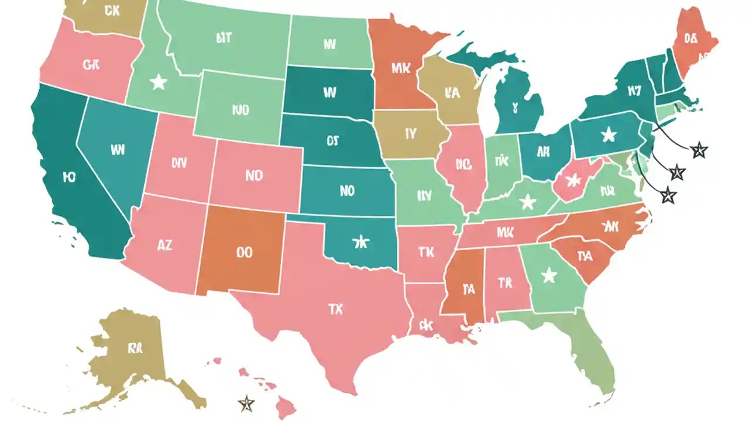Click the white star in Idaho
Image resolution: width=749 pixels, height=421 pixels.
point(158,82)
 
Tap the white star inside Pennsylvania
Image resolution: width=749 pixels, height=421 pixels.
point(609,135)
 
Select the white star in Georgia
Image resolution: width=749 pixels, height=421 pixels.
point(549,275)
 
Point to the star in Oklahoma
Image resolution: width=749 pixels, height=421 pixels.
point(361,240)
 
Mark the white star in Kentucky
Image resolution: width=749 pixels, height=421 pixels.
point(528,202)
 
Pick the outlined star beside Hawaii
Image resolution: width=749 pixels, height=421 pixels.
point(247,402)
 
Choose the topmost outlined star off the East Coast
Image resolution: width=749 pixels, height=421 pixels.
point(699,151)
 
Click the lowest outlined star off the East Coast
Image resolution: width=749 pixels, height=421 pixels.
point(668,195)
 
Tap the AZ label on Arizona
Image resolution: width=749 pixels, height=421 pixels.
point(165,246)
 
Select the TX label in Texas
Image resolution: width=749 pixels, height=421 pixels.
point(335,310)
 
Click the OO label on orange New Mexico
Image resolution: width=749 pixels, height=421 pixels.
point(244,252)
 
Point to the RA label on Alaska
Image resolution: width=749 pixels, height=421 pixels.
point(135,348)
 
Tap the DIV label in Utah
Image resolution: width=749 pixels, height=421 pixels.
point(179,163)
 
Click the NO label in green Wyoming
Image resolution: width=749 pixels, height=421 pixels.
point(240,109)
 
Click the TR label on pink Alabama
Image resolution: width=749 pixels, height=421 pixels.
point(505,282)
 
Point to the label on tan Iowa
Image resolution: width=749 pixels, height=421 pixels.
point(410,133)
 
